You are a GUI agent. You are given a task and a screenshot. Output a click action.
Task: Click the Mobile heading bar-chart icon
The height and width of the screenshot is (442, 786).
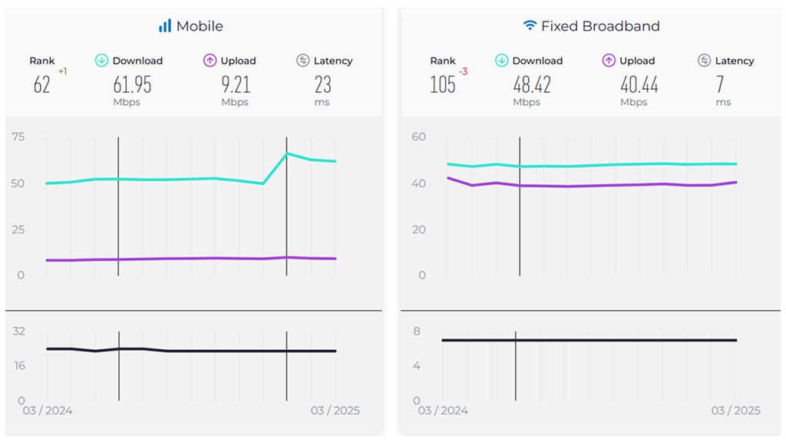tap(165, 26)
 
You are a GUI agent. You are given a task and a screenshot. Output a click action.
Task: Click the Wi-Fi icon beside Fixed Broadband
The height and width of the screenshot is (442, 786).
tap(530, 26)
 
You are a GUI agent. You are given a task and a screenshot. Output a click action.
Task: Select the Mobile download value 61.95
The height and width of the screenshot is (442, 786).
tap(132, 84)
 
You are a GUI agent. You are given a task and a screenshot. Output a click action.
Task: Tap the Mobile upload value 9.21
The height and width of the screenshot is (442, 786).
tap(235, 84)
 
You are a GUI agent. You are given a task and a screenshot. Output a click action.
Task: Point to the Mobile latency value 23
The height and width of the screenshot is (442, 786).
tap(323, 84)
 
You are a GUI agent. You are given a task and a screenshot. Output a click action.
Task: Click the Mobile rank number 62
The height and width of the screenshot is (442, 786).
tap(41, 84)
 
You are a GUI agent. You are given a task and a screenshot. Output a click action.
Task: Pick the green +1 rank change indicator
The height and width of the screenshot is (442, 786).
tap(63, 71)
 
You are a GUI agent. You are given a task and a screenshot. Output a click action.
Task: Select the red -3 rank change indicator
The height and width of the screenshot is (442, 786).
tap(464, 71)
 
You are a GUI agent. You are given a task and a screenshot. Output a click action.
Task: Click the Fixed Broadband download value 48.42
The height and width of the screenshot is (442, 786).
tap(532, 84)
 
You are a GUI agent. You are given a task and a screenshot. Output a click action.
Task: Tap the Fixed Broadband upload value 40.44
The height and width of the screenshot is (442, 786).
tap(639, 84)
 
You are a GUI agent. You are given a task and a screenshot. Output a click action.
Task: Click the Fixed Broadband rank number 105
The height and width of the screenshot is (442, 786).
tap(442, 84)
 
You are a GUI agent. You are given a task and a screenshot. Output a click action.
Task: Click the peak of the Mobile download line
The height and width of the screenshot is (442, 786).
tap(286, 154)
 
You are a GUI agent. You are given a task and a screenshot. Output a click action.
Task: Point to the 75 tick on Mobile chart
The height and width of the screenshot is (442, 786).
tap(18, 137)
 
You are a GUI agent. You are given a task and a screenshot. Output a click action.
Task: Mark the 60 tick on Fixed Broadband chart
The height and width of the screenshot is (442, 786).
tap(418, 137)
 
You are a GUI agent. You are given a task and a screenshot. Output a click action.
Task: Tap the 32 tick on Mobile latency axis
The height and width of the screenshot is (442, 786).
tap(18, 331)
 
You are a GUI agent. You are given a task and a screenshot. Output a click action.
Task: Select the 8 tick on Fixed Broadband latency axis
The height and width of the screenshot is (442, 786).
tap(417, 331)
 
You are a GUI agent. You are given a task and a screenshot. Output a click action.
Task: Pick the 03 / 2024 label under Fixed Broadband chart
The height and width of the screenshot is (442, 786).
tap(443, 411)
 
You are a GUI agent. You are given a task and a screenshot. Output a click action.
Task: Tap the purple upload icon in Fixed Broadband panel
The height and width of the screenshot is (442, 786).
tap(609, 61)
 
